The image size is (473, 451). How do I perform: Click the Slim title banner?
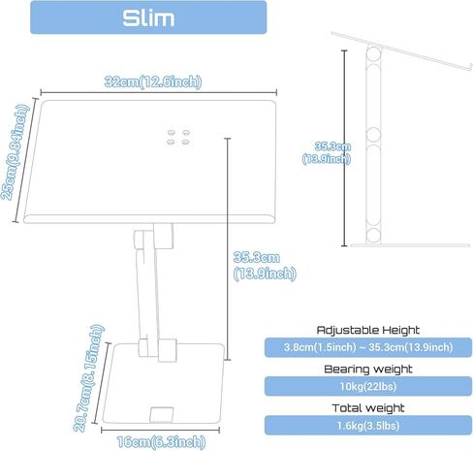point(148,17)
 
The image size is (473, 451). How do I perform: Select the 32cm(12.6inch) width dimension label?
point(153,81)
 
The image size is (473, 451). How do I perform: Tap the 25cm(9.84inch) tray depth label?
point(16,152)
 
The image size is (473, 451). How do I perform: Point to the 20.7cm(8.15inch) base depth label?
point(88,378)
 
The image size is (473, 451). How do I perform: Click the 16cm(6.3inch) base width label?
point(161,442)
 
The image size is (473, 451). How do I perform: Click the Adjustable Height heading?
point(368,330)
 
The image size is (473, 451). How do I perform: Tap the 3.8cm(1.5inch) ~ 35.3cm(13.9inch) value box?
point(368,347)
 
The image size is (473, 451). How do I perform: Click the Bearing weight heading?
point(368,369)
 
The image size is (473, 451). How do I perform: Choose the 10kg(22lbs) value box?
point(368,386)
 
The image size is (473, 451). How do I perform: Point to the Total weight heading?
point(368,408)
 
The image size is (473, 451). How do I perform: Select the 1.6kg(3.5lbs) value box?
point(368,426)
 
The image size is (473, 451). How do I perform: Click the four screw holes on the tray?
point(178,137)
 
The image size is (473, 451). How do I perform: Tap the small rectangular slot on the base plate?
point(161,414)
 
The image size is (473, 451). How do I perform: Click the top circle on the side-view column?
point(373,54)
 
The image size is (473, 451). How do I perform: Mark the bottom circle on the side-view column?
point(373,236)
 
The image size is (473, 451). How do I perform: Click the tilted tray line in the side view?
point(402,51)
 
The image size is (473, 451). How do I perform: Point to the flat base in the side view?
point(410,245)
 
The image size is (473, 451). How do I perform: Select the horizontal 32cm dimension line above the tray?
point(159,92)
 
